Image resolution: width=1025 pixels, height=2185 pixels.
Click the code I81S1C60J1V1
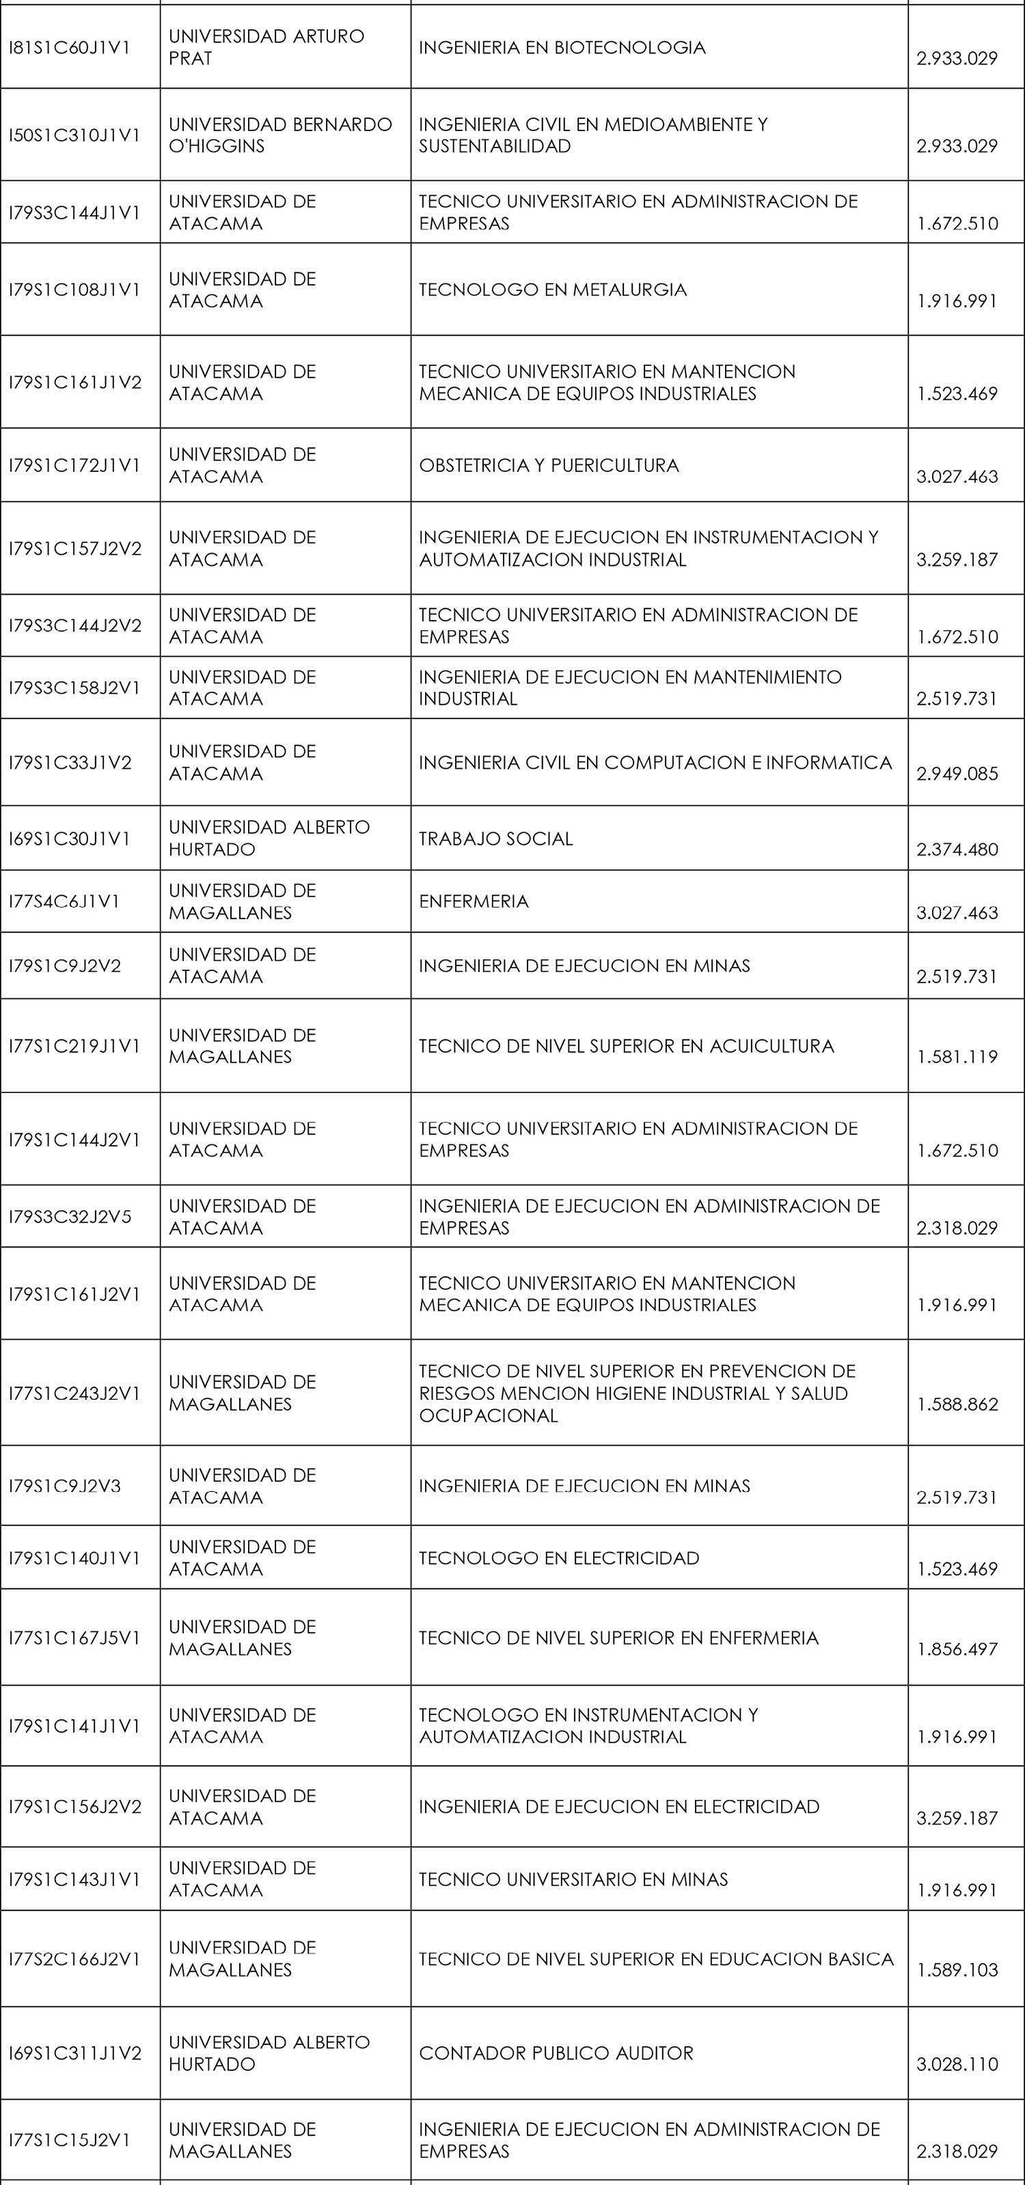point(70,48)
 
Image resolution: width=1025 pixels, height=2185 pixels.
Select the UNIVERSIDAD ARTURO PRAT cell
point(266,48)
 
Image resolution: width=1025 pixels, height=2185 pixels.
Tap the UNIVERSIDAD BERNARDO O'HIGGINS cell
point(280,135)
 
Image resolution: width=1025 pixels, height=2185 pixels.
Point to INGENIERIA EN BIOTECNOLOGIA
point(562,48)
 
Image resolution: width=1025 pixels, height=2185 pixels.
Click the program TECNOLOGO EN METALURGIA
point(552,290)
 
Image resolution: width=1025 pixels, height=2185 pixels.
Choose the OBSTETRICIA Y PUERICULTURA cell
point(548,466)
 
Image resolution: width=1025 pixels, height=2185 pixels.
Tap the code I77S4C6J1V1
point(64,901)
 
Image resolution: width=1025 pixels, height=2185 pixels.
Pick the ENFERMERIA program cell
point(474,901)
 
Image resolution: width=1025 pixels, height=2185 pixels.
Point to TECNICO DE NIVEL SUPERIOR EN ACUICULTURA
point(626,1047)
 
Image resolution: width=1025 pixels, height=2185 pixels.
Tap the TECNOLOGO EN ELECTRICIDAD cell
point(558,1558)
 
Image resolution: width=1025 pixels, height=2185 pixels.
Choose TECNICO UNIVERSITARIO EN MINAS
point(573,1880)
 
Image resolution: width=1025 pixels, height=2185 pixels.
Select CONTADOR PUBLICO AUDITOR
point(556,2053)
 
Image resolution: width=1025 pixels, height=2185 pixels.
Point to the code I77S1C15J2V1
point(70,2140)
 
